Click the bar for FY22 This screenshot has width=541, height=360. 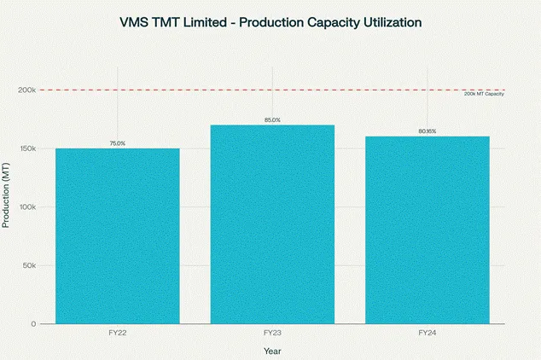pos(118,236)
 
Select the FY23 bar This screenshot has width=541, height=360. pos(272,224)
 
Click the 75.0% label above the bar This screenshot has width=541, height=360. pos(118,143)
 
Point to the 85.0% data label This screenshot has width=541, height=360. pos(272,120)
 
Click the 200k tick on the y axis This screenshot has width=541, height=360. pos(25,90)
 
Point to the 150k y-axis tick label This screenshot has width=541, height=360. pos(25,148)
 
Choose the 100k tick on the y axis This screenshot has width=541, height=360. pos(25,207)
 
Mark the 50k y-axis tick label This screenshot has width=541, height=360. pos(27,265)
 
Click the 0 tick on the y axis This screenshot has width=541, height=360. pos(32,324)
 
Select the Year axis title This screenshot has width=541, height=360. pos(272,350)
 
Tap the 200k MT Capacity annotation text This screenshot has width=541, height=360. pos(484,94)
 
